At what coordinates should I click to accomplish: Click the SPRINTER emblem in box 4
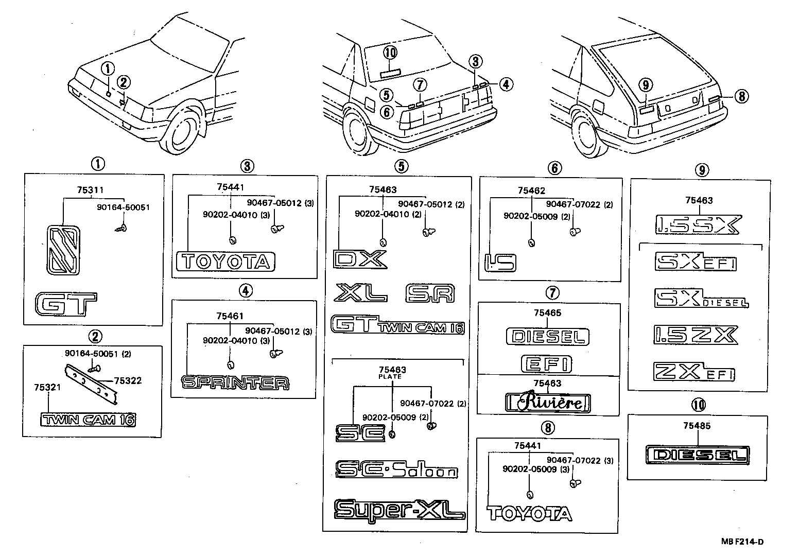pos(235,382)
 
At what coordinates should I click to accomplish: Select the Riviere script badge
pos(547,402)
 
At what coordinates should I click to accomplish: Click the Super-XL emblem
pos(399,510)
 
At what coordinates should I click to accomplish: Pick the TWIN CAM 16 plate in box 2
pos(89,420)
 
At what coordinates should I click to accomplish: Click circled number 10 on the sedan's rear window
pos(391,52)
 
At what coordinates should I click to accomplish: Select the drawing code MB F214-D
pos(742,541)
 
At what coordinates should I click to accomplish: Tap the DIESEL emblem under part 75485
pos(698,455)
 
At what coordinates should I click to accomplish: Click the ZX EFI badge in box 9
pos(694,371)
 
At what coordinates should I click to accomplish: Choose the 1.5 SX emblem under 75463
pos(698,225)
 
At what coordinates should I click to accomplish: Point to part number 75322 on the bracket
pos(128,381)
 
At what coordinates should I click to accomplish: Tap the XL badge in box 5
pos(360,293)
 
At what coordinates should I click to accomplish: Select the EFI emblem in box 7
pos(546,363)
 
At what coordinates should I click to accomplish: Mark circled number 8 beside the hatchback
pos(741,96)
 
